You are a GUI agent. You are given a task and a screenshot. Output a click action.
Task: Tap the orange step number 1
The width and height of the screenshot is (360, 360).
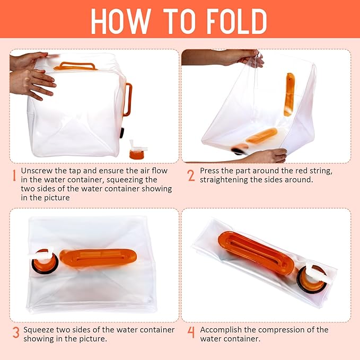14,175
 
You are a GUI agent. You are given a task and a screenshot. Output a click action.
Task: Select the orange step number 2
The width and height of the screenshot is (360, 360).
191,175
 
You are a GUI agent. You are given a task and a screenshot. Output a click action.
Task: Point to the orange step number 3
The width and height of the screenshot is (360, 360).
16,333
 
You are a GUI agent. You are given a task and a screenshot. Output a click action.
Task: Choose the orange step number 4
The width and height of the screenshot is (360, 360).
191,333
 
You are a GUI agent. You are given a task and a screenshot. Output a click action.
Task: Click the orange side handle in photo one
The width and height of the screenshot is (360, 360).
127,99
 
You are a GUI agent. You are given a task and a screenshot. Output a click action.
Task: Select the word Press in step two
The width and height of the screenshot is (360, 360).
210,171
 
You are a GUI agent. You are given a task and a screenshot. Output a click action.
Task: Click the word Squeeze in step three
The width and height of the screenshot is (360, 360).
40,329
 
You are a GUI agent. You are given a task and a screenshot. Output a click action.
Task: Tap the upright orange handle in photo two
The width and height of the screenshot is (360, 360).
289,94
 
